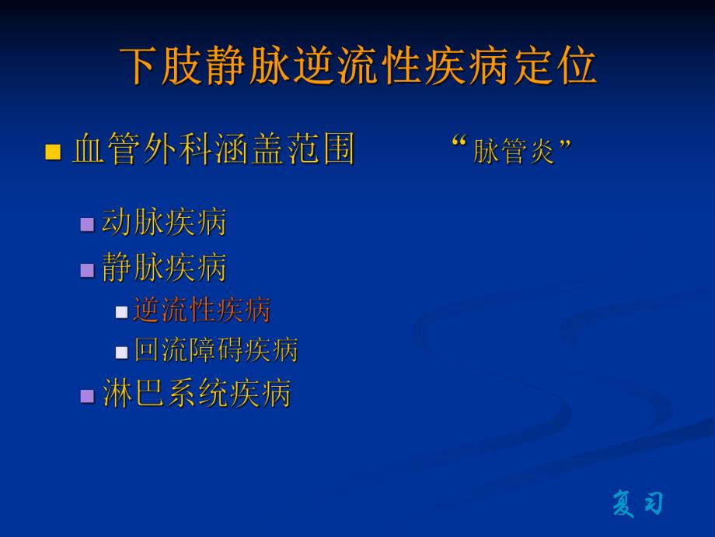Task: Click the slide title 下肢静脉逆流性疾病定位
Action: [358, 65]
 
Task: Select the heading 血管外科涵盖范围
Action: [214, 149]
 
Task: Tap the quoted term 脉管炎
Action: [514, 151]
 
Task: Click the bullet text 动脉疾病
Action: [164, 223]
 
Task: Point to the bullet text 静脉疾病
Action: [164, 268]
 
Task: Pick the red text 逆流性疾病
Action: [202, 310]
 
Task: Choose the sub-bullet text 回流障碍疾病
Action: [216, 350]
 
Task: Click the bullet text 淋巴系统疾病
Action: [197, 394]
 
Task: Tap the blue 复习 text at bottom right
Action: [637, 503]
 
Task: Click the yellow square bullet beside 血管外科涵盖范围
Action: [53, 152]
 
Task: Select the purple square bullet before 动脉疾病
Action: [87, 225]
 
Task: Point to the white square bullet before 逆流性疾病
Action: [121, 312]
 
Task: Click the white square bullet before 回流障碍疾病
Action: [121, 353]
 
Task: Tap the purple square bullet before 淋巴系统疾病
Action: [87, 396]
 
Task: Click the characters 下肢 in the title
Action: [159, 65]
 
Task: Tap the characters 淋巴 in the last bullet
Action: [134, 394]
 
